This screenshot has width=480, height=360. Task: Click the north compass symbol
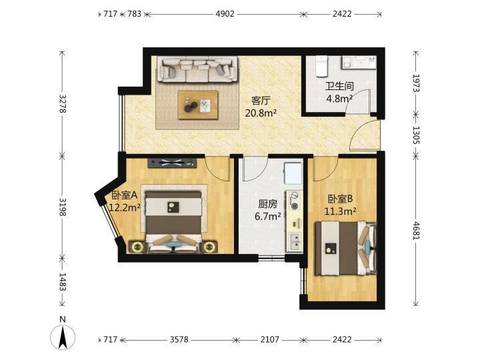click(x=63, y=337)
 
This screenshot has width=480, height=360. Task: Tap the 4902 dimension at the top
click(x=225, y=14)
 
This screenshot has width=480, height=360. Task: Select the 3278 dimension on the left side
click(x=63, y=104)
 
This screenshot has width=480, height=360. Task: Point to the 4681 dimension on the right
click(x=416, y=230)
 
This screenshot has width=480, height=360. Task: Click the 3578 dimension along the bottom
click(x=179, y=339)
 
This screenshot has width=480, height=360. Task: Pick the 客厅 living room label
click(x=261, y=101)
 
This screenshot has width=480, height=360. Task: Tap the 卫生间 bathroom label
click(x=339, y=86)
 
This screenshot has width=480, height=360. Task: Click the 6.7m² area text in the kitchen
click(x=268, y=217)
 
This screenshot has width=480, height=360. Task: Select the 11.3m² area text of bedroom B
click(x=340, y=211)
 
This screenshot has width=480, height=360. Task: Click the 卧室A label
click(x=124, y=195)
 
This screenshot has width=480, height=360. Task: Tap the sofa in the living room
click(x=197, y=69)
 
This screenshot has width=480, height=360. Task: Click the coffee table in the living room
click(x=198, y=105)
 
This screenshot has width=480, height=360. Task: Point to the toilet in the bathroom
click(x=321, y=66)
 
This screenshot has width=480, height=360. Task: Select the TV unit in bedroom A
click(x=172, y=163)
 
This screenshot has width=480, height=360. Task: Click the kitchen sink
click(x=295, y=241)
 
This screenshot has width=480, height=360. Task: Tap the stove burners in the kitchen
click(x=295, y=201)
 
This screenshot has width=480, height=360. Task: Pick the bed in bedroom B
click(x=345, y=248)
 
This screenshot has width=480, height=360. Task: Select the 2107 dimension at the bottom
click(x=270, y=339)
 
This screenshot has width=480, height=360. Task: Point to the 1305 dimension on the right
click(x=416, y=135)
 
